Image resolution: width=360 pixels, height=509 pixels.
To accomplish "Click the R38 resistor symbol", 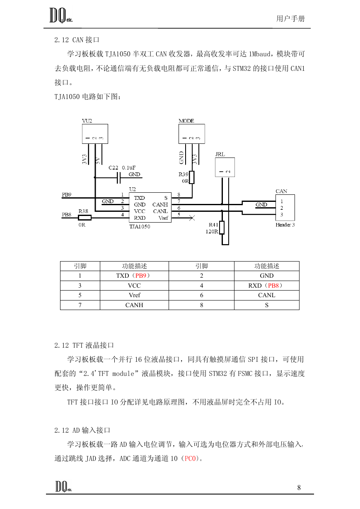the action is pyautogui.click(x=85, y=218).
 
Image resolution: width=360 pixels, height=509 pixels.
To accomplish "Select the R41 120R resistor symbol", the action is pyautogui.click(x=222, y=228).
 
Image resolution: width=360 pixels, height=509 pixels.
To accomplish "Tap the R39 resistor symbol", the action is pyautogui.click(x=192, y=177).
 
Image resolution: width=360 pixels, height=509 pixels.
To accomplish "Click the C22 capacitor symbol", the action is pyautogui.click(x=118, y=177).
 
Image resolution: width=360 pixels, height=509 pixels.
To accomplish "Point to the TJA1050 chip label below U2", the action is pyautogui.click(x=140, y=227).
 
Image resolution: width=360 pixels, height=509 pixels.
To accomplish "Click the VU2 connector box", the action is pyautogui.click(x=95, y=134).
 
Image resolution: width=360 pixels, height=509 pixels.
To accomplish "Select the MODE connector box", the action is pyautogui.click(x=192, y=134).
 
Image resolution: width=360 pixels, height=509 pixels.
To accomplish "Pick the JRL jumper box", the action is pyautogui.click(x=225, y=167).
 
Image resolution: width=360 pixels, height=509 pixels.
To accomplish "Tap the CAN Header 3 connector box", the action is pyautogui.click(x=285, y=208).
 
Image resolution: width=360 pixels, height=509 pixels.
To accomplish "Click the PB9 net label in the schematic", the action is pyautogui.click(x=67, y=195).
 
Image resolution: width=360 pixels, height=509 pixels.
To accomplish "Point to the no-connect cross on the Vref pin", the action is pyautogui.click(x=192, y=218).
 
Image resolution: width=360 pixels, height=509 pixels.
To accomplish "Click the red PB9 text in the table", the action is pyautogui.click(x=140, y=276).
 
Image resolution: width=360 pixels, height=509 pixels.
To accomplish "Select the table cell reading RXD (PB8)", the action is pyautogui.click(x=267, y=286).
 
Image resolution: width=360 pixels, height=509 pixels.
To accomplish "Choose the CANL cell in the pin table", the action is pyautogui.click(x=267, y=295).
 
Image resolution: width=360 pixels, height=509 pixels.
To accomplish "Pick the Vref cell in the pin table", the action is pyautogui.click(x=135, y=295).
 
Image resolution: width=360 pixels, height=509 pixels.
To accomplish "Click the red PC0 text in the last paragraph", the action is pyautogui.click(x=190, y=458).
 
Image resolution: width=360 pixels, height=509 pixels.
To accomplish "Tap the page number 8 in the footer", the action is pyautogui.click(x=299, y=487).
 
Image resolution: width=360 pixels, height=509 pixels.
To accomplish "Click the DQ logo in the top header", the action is pyautogui.click(x=61, y=15).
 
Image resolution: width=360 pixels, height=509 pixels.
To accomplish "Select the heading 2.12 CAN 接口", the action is pyautogui.click(x=77, y=40).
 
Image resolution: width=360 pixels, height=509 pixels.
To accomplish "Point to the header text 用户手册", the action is pyautogui.click(x=290, y=19).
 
